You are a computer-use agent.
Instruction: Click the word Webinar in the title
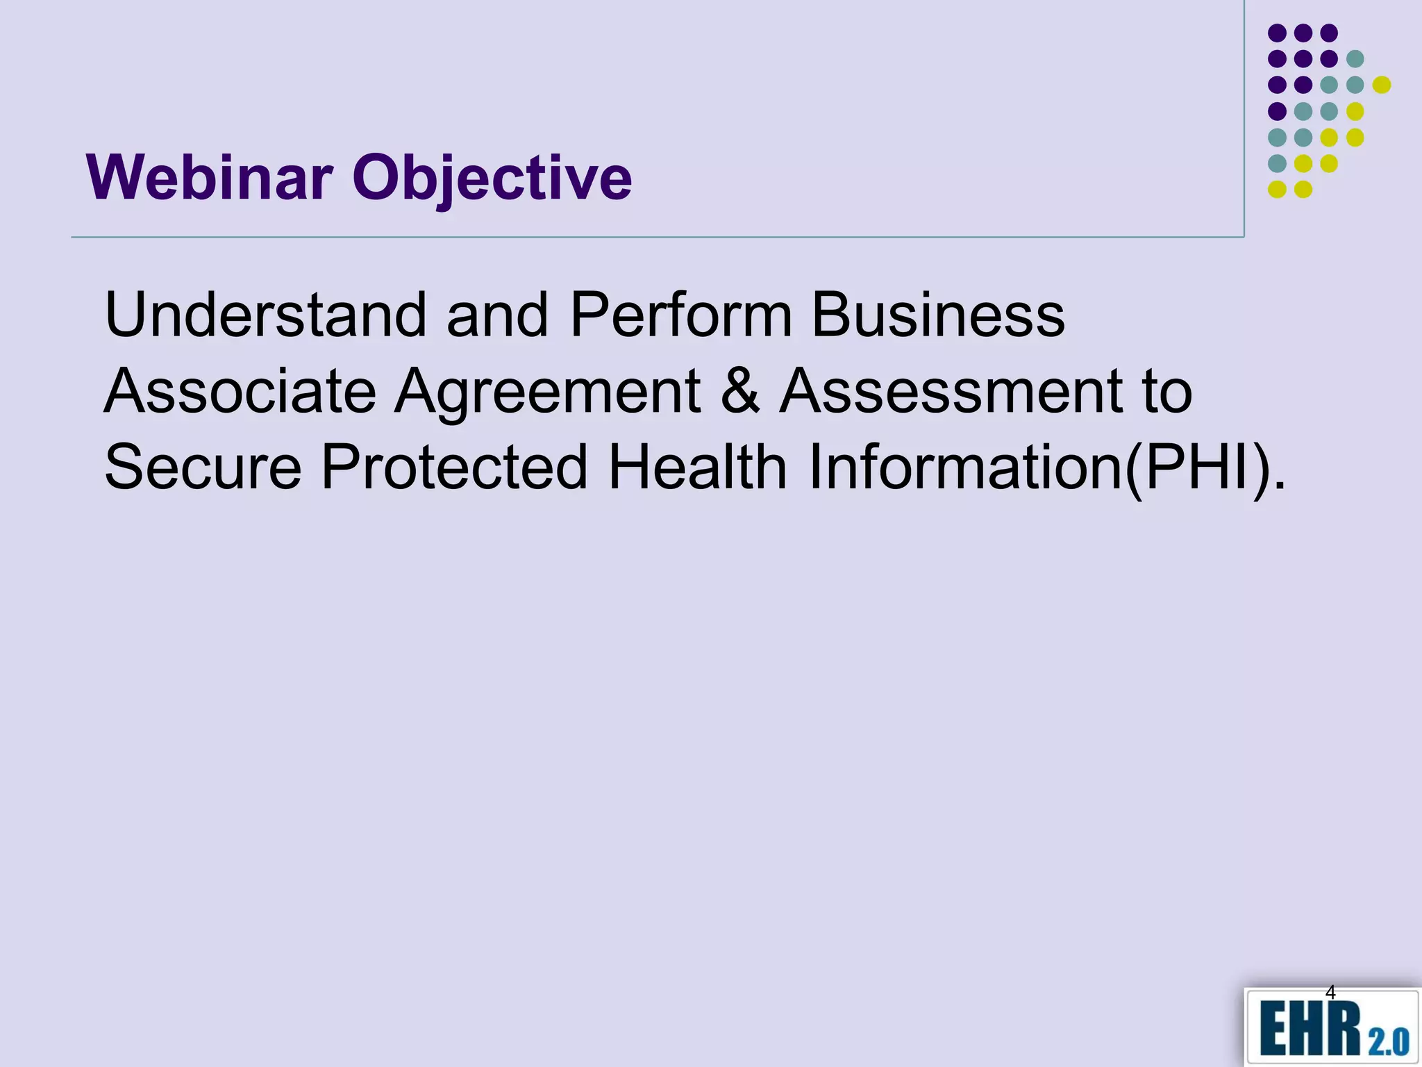[209, 178]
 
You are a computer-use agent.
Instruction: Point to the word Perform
[680, 315]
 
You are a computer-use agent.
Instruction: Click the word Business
[938, 315]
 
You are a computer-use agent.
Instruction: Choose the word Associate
[240, 391]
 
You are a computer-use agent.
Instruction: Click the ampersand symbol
[740, 391]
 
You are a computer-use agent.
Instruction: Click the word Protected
[455, 468]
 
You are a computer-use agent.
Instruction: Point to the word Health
[698, 468]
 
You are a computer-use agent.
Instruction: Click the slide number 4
[1330, 992]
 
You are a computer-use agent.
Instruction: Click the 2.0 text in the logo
[1389, 1041]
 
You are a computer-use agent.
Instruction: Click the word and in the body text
[497, 315]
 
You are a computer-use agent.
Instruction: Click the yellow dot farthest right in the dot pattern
[1382, 85]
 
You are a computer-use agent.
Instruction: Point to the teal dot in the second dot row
[1355, 59]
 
